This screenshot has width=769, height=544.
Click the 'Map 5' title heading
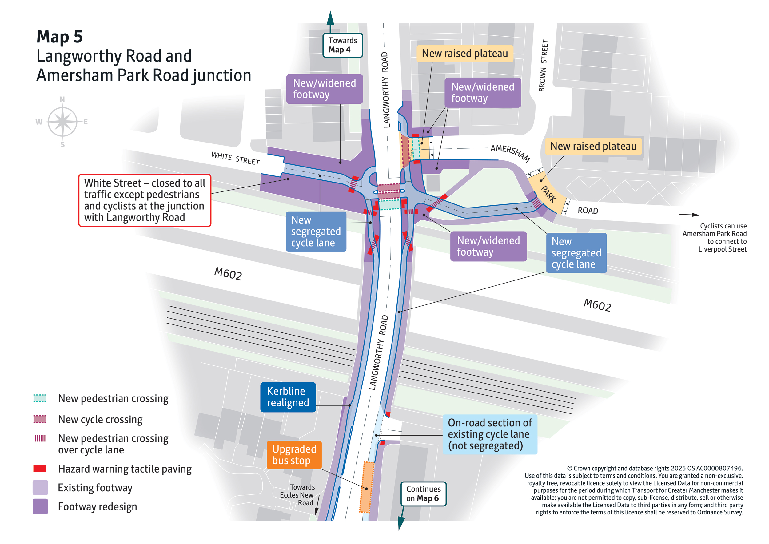(x=60, y=37)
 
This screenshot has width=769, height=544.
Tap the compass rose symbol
(x=62, y=121)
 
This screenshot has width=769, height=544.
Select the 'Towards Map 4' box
(x=342, y=45)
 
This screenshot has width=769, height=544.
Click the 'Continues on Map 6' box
(x=423, y=494)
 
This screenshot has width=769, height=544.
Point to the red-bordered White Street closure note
(x=144, y=200)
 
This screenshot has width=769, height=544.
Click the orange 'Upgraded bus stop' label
(x=294, y=455)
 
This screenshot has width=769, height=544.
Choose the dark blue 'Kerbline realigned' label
(x=288, y=397)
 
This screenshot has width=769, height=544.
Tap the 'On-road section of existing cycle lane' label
(x=489, y=434)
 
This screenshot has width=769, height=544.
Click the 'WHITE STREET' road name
(x=235, y=159)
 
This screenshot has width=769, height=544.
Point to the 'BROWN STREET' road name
(x=543, y=66)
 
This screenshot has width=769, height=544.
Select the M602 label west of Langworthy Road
(x=228, y=273)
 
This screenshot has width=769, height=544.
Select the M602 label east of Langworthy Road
(x=597, y=305)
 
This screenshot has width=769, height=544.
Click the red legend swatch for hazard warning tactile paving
(x=40, y=468)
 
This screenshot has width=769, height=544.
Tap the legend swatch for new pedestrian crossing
(x=40, y=398)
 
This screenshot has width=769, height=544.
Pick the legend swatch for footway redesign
(x=40, y=506)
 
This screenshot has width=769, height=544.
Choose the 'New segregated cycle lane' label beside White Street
(x=316, y=231)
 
